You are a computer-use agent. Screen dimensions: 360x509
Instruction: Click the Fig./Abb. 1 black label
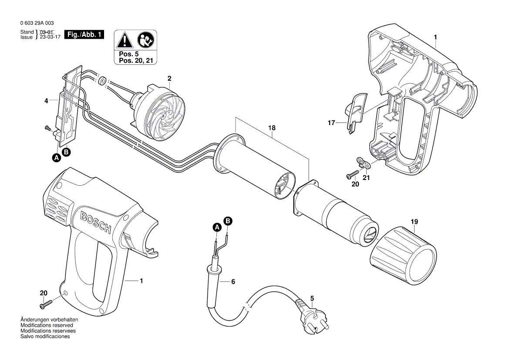tap(84, 34)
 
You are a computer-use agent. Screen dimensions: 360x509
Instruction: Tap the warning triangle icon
tap(125, 41)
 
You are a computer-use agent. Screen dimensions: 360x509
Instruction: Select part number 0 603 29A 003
tap(37, 23)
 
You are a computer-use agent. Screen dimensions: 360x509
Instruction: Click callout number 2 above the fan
tap(169, 78)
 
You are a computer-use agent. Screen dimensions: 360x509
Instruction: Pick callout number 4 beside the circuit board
tap(46, 101)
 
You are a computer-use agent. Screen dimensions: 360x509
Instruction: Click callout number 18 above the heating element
tap(272, 128)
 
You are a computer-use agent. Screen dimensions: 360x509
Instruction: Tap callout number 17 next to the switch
tap(332, 123)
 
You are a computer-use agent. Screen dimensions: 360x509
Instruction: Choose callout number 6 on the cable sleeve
tap(233, 282)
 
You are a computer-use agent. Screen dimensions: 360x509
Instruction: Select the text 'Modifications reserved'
tap(47, 325)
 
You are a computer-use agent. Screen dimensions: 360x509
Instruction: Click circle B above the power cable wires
tap(228, 221)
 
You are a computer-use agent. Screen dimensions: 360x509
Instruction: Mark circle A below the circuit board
tap(56, 158)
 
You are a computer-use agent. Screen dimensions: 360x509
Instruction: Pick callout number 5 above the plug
tap(312, 299)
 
